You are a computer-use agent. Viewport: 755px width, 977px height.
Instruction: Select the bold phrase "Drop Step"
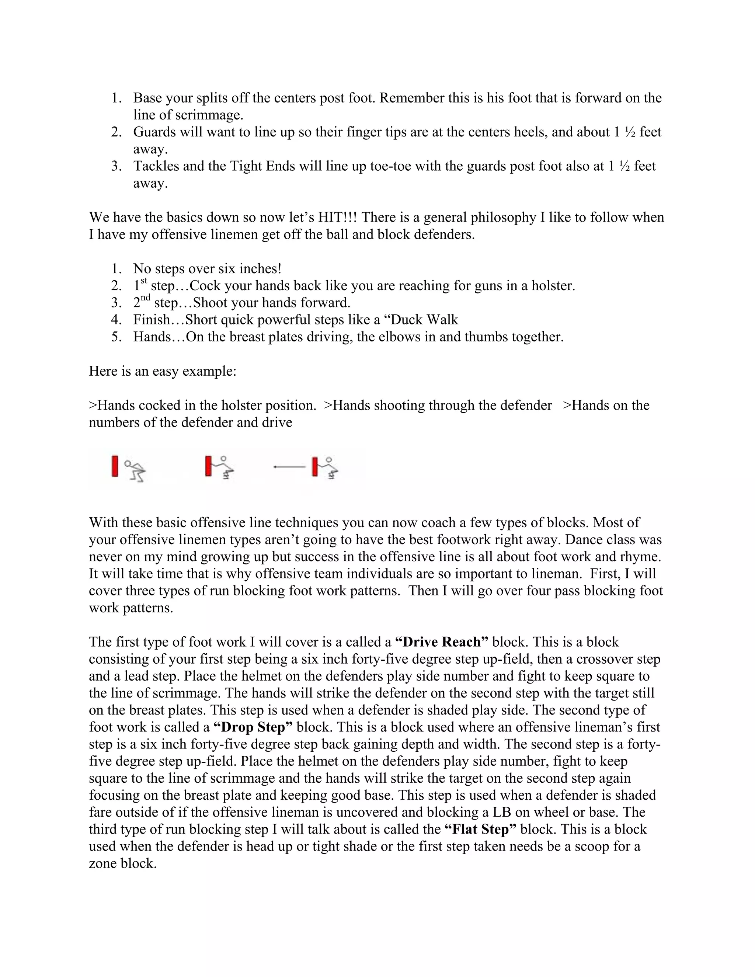pos(253,727)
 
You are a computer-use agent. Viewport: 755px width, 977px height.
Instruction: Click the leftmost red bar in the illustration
pos(115,466)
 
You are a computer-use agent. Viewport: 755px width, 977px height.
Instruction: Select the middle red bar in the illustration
pos(208,466)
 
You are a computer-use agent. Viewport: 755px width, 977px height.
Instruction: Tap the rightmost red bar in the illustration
pos(315,467)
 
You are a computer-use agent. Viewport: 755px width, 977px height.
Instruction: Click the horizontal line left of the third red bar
pos(289,467)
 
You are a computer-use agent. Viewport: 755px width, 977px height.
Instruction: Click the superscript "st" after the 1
pos(143,281)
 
